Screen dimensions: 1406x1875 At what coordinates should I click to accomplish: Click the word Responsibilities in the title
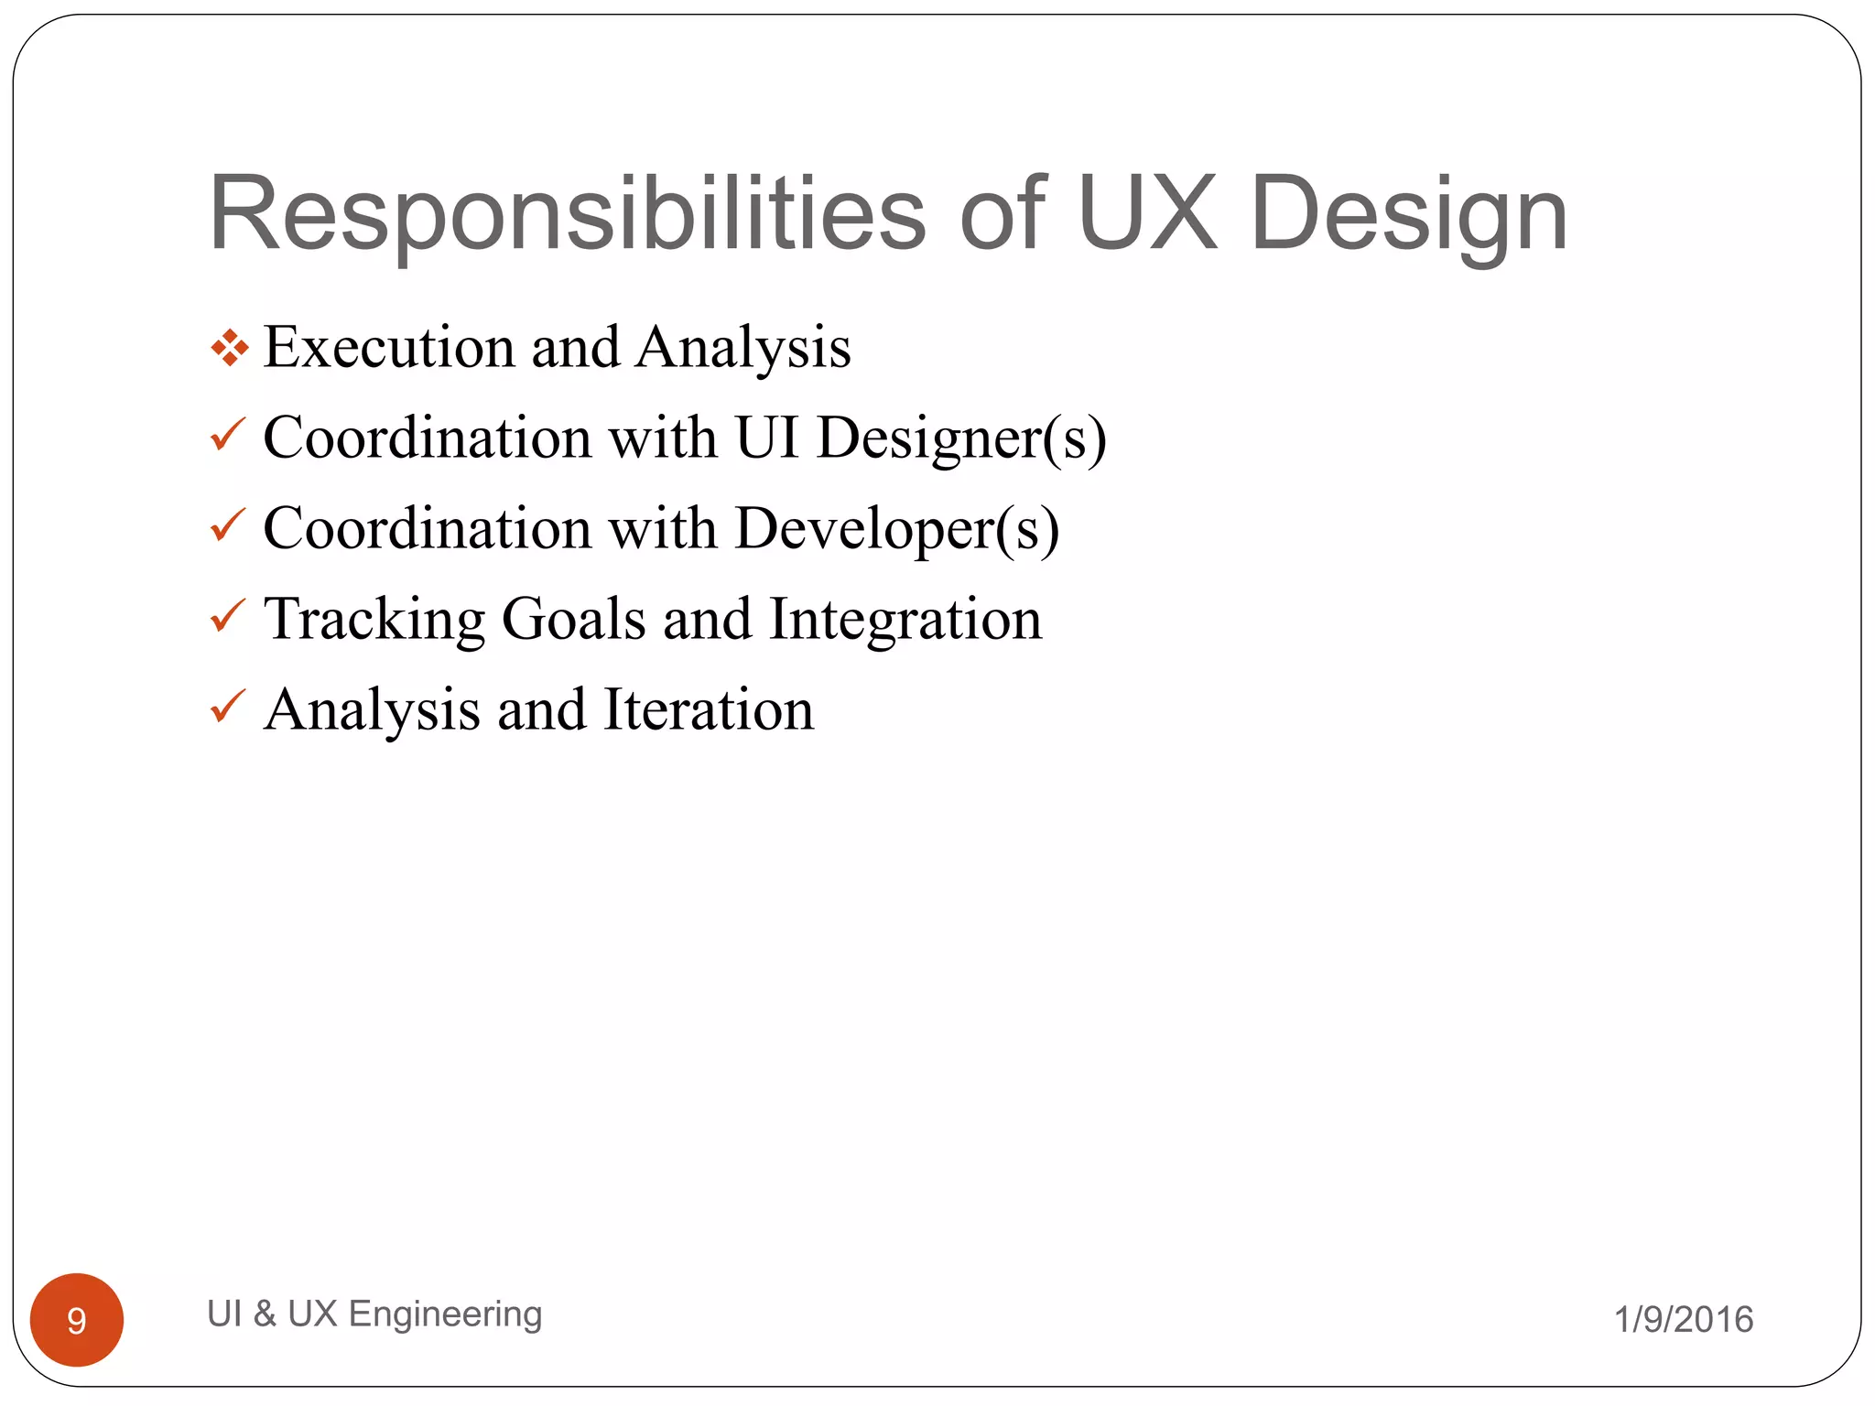567,215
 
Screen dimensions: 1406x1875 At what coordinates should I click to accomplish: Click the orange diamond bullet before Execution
229,348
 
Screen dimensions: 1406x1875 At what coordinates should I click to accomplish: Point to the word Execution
389,347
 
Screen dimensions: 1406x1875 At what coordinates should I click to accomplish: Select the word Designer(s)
961,438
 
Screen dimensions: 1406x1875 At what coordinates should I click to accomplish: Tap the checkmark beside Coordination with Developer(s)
227,525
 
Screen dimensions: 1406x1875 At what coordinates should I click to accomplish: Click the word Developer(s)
897,529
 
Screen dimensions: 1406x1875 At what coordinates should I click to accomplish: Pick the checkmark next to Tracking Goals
227,615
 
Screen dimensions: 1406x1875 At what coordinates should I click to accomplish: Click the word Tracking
374,619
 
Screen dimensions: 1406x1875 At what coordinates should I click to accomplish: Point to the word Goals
574,619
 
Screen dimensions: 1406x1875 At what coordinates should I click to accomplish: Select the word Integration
905,619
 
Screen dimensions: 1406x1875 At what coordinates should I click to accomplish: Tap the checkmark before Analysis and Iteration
227,706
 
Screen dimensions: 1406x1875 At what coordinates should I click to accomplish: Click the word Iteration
709,709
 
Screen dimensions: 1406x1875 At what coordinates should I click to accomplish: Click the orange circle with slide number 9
77,1319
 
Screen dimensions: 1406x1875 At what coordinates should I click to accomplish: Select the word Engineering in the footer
446,1314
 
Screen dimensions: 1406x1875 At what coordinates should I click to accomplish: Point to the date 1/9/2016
1683,1319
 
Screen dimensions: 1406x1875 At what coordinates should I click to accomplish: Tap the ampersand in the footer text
265,1314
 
